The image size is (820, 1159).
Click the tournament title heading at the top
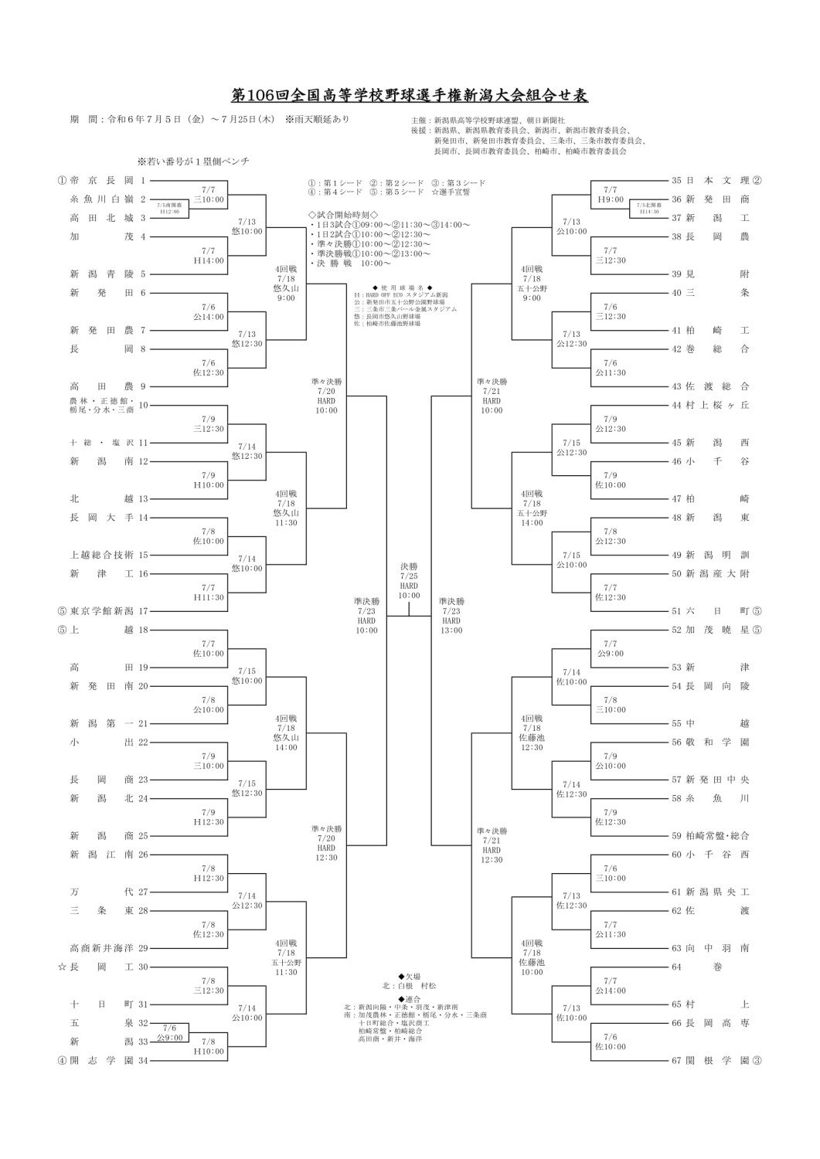pos(410,96)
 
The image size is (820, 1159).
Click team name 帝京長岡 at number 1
pos(101,181)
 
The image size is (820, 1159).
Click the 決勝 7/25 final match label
pos(409,580)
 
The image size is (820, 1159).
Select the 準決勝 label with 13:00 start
pos(451,615)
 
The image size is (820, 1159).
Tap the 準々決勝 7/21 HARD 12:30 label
pos(492,845)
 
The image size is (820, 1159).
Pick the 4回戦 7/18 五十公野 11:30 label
pos(285,957)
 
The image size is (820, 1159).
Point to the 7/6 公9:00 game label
pos(170,1032)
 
